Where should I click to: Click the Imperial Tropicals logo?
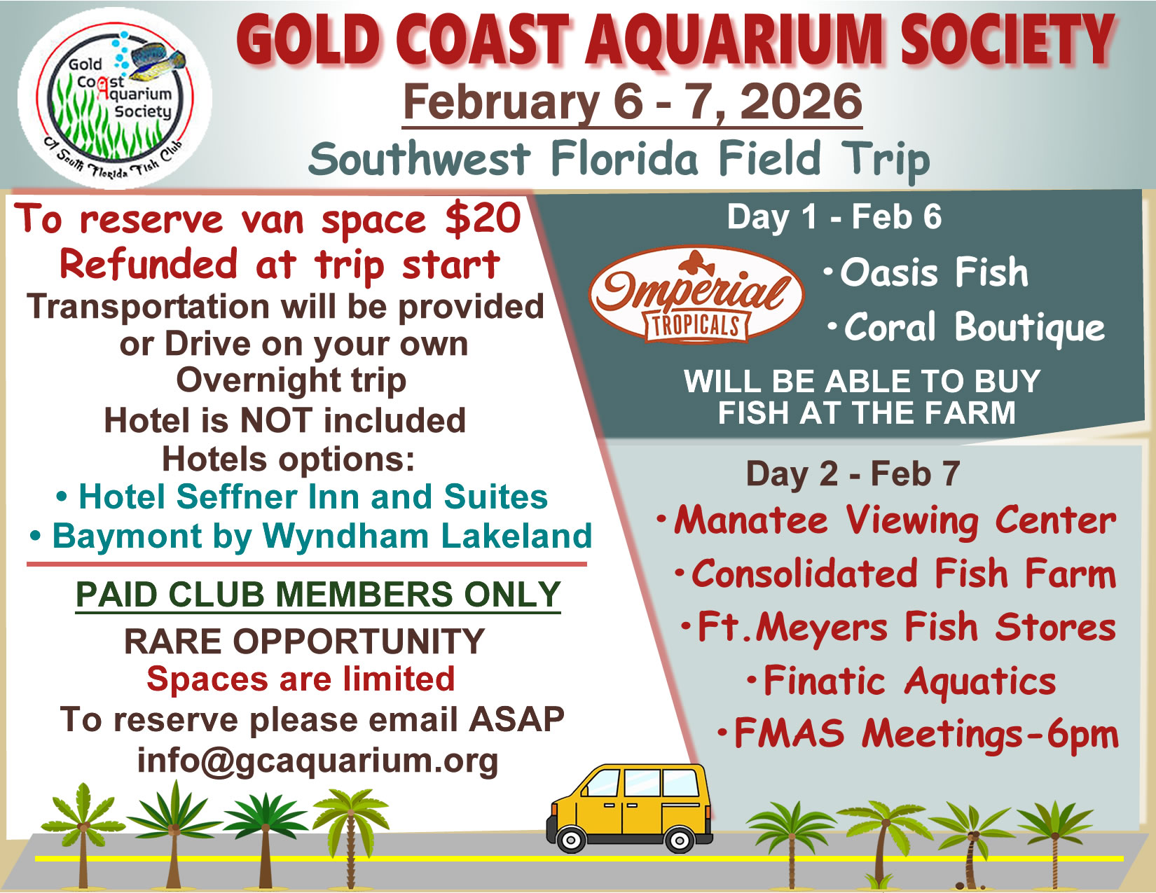(696, 294)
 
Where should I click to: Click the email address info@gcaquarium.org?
(317, 761)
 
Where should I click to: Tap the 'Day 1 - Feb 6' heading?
(834, 217)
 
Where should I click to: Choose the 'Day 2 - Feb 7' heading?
(853, 473)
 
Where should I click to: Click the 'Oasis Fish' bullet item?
(926, 272)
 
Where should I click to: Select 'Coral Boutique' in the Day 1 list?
(966, 327)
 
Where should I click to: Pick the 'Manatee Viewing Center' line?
(886, 520)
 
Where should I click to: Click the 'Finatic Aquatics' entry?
(902, 681)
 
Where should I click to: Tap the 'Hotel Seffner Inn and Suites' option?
(302, 497)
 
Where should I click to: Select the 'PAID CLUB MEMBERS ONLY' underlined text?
(318, 595)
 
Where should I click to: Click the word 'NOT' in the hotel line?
(276, 420)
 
